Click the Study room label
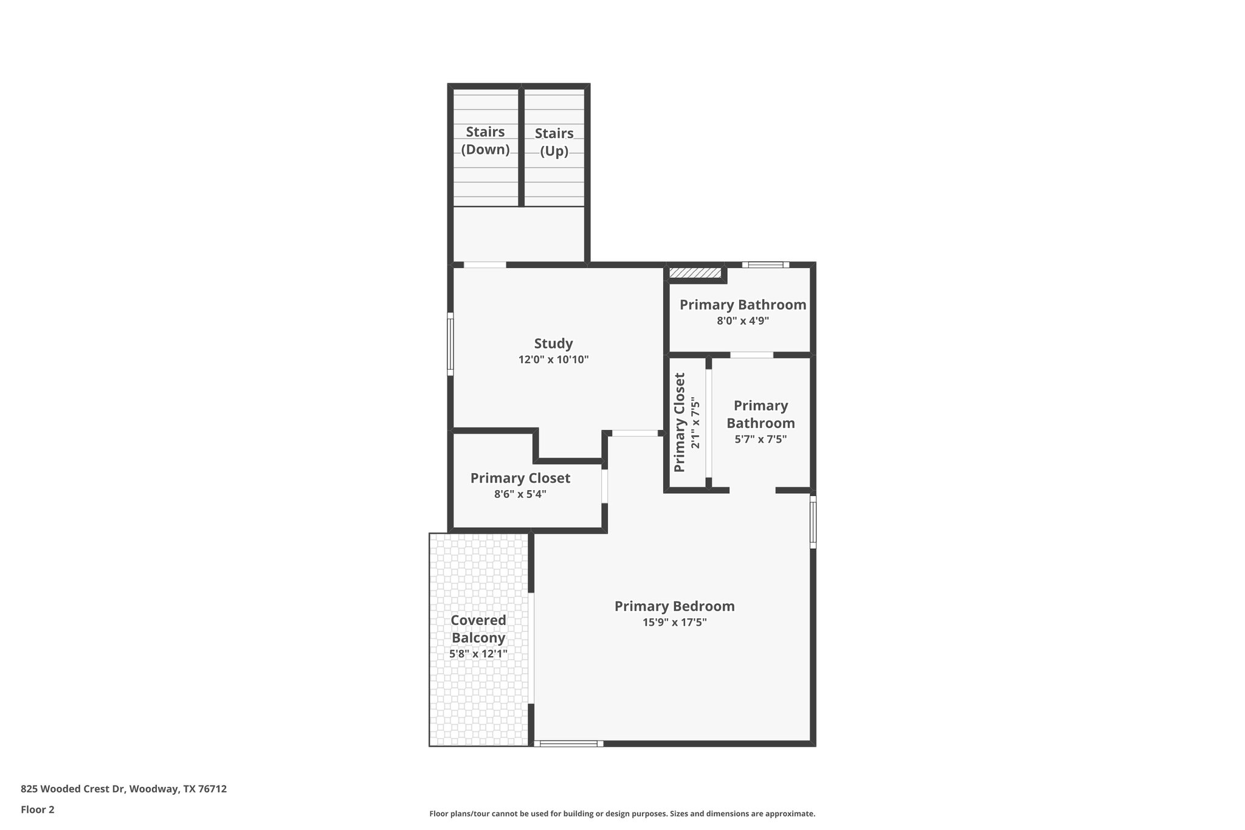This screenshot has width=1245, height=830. pyautogui.click(x=553, y=344)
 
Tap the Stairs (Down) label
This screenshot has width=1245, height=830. pyautogui.click(x=485, y=140)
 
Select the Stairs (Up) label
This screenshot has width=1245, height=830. pyautogui.click(x=554, y=142)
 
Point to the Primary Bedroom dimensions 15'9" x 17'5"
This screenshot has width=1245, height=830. pyautogui.click(x=674, y=622)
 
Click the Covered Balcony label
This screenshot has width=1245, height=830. pyautogui.click(x=478, y=629)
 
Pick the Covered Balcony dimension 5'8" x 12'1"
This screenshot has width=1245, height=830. pyautogui.click(x=478, y=654)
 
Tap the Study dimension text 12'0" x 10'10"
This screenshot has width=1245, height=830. pyautogui.click(x=553, y=359)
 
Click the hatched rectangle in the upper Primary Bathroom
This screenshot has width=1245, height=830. pyautogui.click(x=695, y=273)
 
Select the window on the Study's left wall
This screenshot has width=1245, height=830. pyautogui.click(x=450, y=344)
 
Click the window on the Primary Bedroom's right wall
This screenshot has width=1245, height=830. pyautogui.click(x=813, y=522)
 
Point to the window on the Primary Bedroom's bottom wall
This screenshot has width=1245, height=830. pyautogui.click(x=569, y=743)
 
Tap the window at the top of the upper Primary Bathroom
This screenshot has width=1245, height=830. pyautogui.click(x=765, y=265)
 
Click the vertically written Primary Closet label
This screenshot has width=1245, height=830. pyautogui.click(x=680, y=422)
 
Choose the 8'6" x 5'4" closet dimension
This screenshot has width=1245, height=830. pyautogui.click(x=520, y=494)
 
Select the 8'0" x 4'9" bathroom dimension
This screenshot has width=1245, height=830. pyautogui.click(x=743, y=320)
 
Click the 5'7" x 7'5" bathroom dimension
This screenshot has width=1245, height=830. pyautogui.click(x=760, y=439)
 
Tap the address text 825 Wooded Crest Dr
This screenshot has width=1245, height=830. pyautogui.click(x=123, y=789)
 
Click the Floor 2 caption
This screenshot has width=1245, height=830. pyautogui.click(x=38, y=809)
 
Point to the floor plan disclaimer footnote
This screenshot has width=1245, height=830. pyautogui.click(x=622, y=814)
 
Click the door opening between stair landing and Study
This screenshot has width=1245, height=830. pyautogui.click(x=485, y=265)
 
